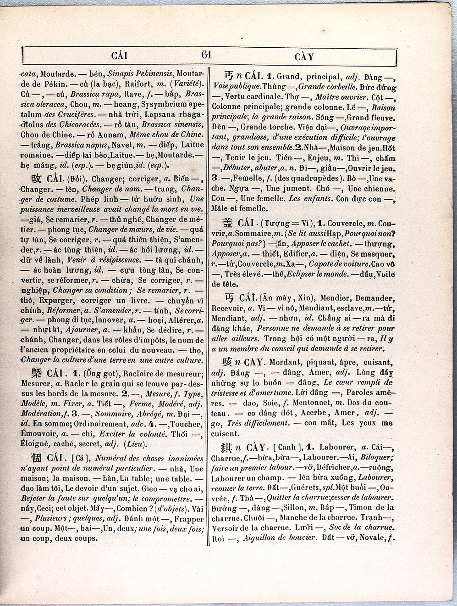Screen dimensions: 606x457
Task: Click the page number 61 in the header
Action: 206,55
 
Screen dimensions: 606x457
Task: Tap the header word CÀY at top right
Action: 304,57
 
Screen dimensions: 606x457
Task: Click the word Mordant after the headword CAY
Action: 285,363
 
